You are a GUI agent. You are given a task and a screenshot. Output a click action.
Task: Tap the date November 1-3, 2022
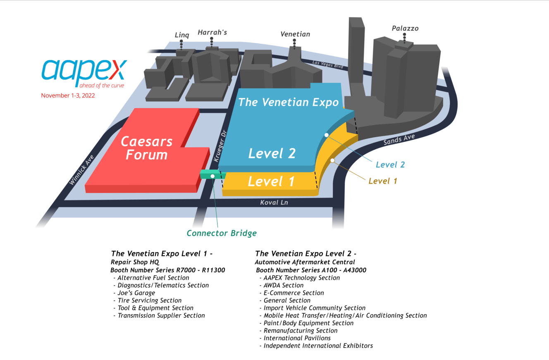[70, 95]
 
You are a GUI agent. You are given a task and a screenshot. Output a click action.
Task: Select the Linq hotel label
[182, 35]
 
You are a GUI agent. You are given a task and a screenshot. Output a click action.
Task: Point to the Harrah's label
[212, 32]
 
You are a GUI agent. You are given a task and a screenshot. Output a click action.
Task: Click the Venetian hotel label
[295, 34]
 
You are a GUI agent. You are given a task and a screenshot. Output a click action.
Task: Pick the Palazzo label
[405, 29]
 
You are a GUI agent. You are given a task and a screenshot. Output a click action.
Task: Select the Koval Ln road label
[274, 203]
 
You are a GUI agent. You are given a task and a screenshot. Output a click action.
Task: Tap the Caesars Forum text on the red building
[147, 148]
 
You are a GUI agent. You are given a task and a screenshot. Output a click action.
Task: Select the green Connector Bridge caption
[222, 233]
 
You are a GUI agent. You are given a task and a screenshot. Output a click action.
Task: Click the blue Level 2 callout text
[390, 165]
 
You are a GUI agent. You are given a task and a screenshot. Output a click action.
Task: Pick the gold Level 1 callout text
[382, 181]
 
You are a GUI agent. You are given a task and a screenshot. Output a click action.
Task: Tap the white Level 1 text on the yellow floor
[271, 181]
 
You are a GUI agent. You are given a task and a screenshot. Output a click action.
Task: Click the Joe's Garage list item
[136, 293]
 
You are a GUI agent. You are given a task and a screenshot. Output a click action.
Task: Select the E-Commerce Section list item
[294, 293]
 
